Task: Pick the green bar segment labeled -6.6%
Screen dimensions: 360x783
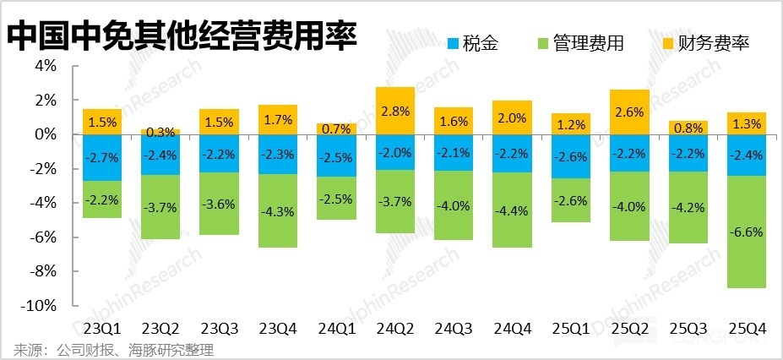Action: pos(746,232)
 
